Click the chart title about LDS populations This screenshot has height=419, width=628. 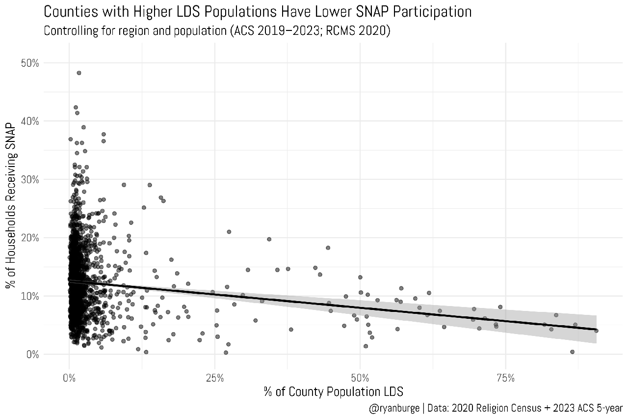pyautogui.click(x=258, y=11)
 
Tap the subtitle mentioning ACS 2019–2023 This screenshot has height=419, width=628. pyautogui.click(x=217, y=31)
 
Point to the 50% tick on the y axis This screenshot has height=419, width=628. pyautogui.click(x=30, y=63)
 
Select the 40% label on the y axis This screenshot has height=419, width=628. pyautogui.click(x=30, y=121)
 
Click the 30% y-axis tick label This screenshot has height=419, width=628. pyautogui.click(x=30, y=179)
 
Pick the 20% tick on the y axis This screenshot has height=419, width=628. pyautogui.click(x=30, y=238)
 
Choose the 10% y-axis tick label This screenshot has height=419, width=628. pyautogui.click(x=30, y=296)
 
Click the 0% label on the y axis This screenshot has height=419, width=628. pyautogui.click(x=32, y=354)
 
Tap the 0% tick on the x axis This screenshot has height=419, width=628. pyautogui.click(x=69, y=378)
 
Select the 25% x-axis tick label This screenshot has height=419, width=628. pyautogui.click(x=215, y=378)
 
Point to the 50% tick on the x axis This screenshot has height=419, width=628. pyautogui.click(x=360, y=378)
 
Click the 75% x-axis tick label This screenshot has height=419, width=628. pyautogui.click(x=505, y=378)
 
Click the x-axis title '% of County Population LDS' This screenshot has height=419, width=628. pyautogui.click(x=334, y=391)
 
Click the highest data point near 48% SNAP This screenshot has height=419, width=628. pyautogui.click(x=78, y=73)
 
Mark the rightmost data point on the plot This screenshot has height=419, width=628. pyautogui.click(x=596, y=331)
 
